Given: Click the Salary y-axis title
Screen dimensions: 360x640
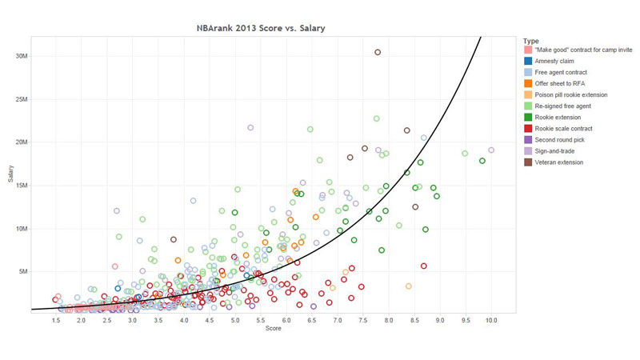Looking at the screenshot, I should coord(11,174).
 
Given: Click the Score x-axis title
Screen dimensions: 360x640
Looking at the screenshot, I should coord(274,329).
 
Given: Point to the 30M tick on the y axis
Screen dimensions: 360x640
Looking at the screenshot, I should coord(22,56).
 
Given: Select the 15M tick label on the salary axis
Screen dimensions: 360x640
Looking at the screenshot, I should coord(22,186).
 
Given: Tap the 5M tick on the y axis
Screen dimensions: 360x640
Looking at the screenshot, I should coord(24,272).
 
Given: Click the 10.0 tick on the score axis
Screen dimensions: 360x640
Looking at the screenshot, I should coord(491,320).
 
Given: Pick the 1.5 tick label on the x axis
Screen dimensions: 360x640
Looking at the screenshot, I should coord(57,320).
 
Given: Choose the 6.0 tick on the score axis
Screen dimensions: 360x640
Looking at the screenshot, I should coord(286,320).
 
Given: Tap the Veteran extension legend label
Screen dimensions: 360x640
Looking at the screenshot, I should coord(561,162).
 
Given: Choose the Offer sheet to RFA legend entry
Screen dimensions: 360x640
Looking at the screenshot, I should coord(561,83).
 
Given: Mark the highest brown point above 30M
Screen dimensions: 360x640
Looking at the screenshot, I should coord(378,53).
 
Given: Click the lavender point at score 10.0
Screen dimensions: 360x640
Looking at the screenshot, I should coord(491,150).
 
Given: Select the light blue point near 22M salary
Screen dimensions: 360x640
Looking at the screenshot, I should coord(250,127).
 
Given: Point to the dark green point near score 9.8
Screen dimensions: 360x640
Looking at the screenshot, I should coord(482,161).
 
